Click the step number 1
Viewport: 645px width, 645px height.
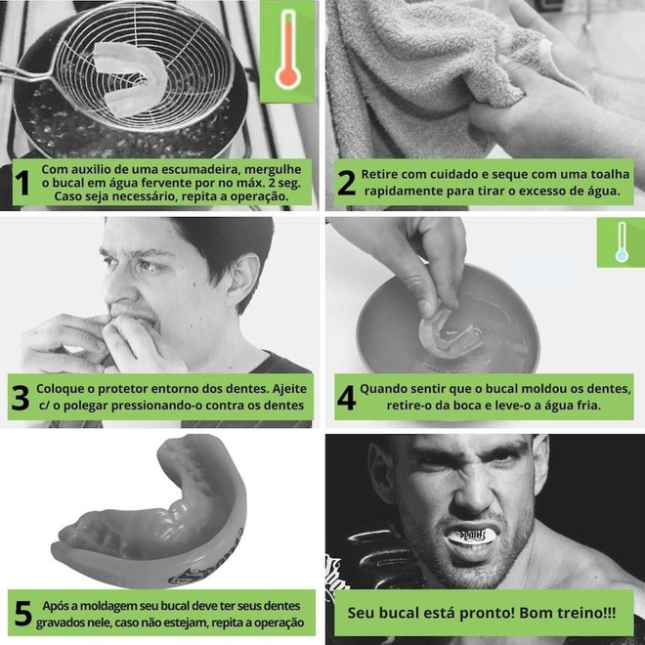click(x=22, y=183)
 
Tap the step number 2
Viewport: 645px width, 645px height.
click(x=346, y=183)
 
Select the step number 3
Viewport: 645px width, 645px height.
click(x=21, y=398)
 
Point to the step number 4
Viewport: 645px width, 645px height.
click(x=346, y=398)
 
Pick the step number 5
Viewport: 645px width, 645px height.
click(x=23, y=614)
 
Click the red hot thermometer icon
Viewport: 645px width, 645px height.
click(x=288, y=50)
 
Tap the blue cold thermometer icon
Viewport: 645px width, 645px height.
click(x=622, y=242)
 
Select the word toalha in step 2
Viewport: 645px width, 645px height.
click(x=610, y=174)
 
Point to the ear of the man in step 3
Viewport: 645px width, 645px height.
click(x=242, y=280)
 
